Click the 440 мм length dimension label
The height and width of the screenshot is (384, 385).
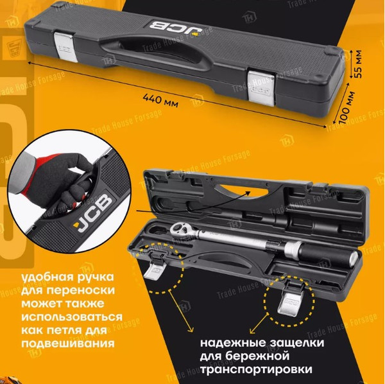point(160,100)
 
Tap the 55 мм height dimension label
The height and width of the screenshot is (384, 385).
point(358,64)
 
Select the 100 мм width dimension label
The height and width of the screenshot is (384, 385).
point(348,107)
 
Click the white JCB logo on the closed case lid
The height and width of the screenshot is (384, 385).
point(175,28)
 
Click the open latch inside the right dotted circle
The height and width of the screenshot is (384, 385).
point(293,299)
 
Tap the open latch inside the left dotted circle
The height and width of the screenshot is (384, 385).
point(155,267)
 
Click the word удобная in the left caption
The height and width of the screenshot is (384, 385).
point(47,277)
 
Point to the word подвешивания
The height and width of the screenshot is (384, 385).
point(68,343)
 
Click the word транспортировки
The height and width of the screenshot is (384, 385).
point(256,370)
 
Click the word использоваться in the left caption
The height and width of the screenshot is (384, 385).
point(72,317)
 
